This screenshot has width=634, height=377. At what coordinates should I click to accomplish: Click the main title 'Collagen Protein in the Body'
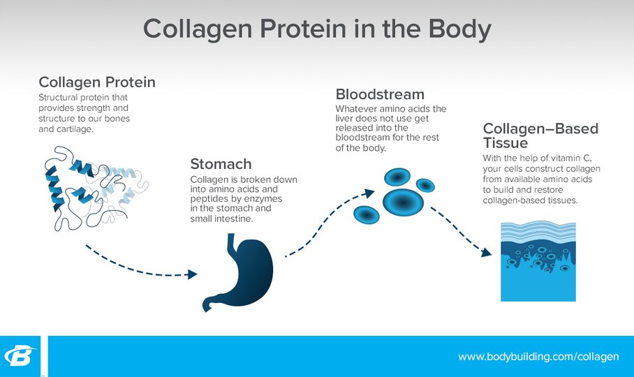pos(318,29)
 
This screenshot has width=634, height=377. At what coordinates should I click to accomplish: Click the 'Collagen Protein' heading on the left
pos(97,82)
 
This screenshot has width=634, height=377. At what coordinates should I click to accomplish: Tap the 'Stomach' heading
pos(221,164)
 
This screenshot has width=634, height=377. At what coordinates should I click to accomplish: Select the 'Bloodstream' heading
pos(380,94)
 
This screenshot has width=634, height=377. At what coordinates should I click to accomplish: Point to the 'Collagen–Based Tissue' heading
pos(540,135)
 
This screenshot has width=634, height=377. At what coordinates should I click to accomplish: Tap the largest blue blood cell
pos(403,202)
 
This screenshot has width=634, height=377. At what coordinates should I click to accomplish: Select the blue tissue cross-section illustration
pos(538,261)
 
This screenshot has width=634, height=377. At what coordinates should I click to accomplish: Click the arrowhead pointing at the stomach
pos(193,275)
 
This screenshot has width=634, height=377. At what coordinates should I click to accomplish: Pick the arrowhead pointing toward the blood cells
pos(369,193)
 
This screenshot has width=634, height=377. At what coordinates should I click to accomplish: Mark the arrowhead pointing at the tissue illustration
pos(487,253)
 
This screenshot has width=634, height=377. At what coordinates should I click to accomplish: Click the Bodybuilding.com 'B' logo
pos(20,356)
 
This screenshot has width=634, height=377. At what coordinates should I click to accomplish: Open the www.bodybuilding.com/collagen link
pos(538,357)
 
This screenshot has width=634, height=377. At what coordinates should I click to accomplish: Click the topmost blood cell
pos(397,177)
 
